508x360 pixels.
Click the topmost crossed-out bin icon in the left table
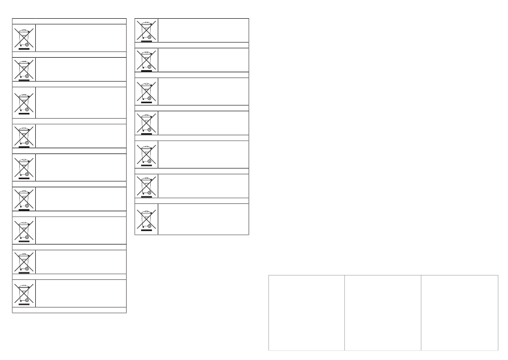tap(24, 37)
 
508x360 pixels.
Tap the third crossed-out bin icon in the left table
tap(24, 102)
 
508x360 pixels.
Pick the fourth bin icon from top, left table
tap(24, 135)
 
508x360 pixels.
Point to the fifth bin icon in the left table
tap(24, 167)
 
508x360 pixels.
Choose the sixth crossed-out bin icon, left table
tap(24, 199)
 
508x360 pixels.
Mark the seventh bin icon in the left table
tap(24, 231)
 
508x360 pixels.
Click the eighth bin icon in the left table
tap(24, 262)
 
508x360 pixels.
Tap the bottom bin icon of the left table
tap(24, 293)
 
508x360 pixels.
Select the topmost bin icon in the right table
tap(146, 30)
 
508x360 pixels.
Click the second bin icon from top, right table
tap(146, 60)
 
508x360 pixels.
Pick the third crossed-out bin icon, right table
tap(146, 91)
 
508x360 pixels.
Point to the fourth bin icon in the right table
tap(146, 122)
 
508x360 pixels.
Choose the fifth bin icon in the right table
tap(146, 154)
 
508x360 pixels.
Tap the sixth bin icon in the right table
tap(146, 185)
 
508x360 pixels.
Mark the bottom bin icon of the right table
tap(146, 218)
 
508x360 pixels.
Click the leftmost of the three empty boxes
tap(306, 313)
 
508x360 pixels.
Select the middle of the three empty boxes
tap(383, 313)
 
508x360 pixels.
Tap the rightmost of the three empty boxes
tap(459, 313)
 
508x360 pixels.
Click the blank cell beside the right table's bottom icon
tap(204, 219)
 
